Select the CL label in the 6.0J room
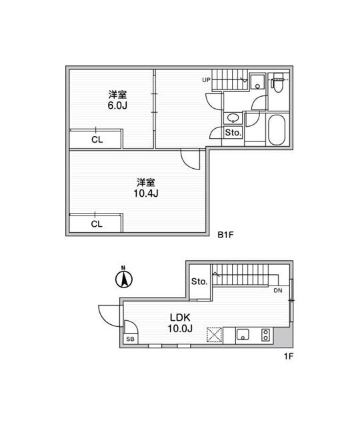(x=97, y=139)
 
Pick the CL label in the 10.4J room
(x=97, y=224)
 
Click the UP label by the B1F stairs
(x=206, y=81)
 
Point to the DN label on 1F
(x=277, y=291)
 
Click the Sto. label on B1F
(x=233, y=133)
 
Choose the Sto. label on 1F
(x=199, y=282)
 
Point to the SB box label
(x=129, y=339)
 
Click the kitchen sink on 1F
(x=243, y=334)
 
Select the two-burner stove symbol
(x=265, y=334)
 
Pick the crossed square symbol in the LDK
(x=214, y=334)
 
